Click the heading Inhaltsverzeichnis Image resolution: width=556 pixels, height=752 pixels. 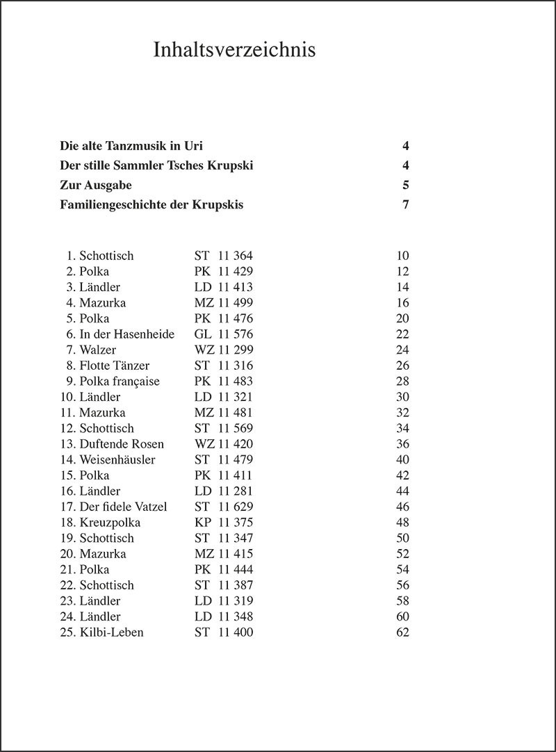pyautogui.click(x=234, y=50)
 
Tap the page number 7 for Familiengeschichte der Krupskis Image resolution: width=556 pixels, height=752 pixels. pyautogui.click(x=405, y=205)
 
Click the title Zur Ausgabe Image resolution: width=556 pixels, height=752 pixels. pyautogui.click(x=96, y=186)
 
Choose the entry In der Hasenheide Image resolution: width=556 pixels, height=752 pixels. pyautogui.click(x=126, y=334)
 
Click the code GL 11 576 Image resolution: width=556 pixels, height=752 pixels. pyautogui.click(x=223, y=334)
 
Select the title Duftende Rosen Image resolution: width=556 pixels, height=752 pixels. pyautogui.click(x=122, y=444)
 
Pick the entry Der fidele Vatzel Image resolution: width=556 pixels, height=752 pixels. pyautogui.click(x=123, y=507)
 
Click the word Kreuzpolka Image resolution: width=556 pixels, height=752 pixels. pyautogui.click(x=110, y=523)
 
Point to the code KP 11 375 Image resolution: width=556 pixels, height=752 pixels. pyautogui.click(x=223, y=523)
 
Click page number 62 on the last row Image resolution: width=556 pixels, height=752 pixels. pyautogui.click(x=402, y=632)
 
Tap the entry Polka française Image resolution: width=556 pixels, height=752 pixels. pyautogui.click(x=119, y=382)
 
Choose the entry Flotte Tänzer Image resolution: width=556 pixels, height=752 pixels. pyautogui.click(x=114, y=366)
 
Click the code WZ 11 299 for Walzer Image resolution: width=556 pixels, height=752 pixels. pyautogui.click(x=223, y=350)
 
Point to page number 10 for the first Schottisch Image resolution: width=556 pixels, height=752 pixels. pyautogui.click(x=402, y=256)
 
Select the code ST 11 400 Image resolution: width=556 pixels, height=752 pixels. pyautogui.click(x=223, y=632)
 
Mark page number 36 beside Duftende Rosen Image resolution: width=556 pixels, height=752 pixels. pyautogui.click(x=402, y=444)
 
